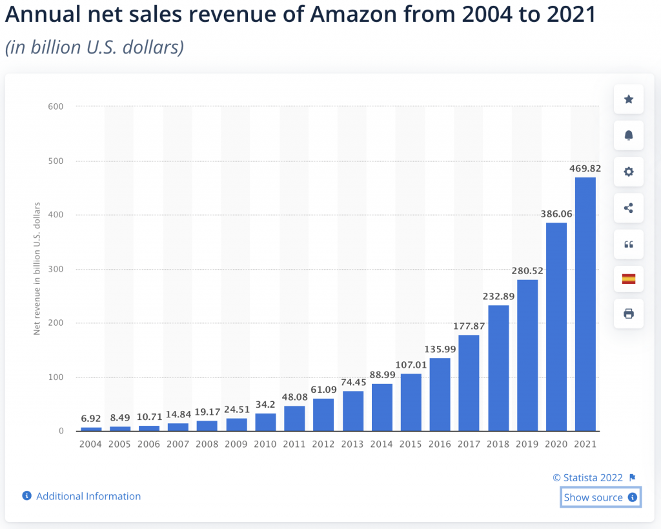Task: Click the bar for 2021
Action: (585, 304)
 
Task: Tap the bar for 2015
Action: (411, 402)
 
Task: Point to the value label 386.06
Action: (556, 214)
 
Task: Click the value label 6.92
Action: (91, 418)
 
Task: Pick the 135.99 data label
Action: (440, 349)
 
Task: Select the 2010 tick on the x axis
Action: (265, 444)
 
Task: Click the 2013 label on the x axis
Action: (352, 444)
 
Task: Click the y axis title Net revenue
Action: (37, 268)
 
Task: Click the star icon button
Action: (628, 99)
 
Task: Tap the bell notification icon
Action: (628, 135)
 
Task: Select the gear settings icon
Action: (628, 172)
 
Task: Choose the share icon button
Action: (628, 208)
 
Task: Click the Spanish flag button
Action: (628, 279)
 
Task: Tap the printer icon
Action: (628, 314)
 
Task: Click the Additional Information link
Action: (88, 496)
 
